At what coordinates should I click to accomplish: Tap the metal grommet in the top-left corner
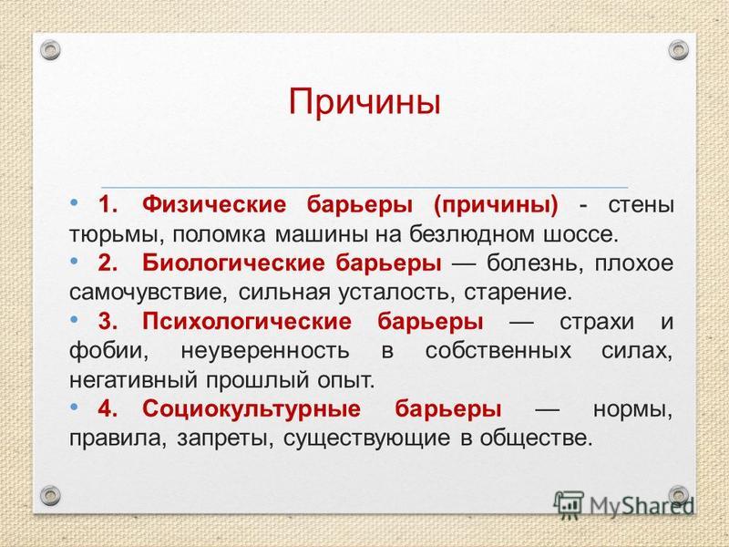pos(50,50)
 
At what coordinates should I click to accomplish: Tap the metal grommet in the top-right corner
pos(678,50)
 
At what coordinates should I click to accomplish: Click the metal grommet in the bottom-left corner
pos(50,496)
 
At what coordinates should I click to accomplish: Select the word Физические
pos(214,205)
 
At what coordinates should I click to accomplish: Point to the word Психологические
pos(247,322)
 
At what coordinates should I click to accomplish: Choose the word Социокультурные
pos(252,408)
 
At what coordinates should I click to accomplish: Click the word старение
pos(518,293)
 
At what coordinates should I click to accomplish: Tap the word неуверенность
pos(265,351)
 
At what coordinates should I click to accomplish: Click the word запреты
pos(224,439)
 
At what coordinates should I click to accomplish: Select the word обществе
pos(537,439)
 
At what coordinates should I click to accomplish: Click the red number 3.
pos(107,322)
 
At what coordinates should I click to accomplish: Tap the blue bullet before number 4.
pos(74,407)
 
